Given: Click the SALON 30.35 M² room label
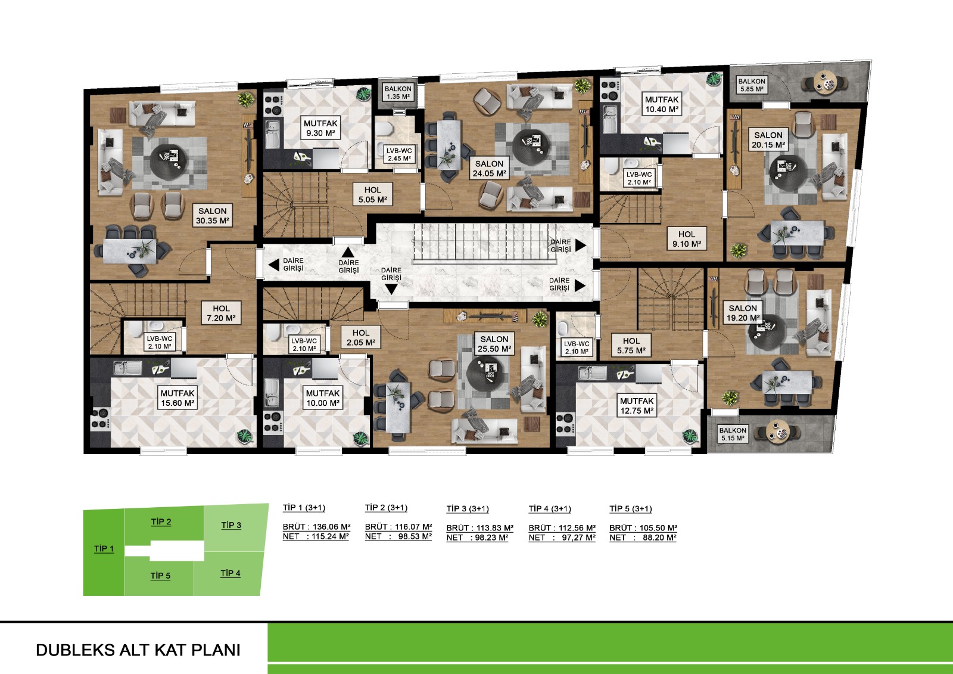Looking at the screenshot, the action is (212, 216).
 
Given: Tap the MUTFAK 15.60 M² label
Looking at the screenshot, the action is (177, 398).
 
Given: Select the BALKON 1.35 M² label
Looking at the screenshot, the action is (398, 93).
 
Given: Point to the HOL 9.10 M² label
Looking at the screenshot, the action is (687, 239).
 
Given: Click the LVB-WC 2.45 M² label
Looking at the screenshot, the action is (399, 154).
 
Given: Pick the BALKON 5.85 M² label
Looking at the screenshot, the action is (752, 85).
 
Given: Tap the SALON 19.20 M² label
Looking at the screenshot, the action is (743, 313).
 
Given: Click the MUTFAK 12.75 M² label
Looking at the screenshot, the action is (637, 406).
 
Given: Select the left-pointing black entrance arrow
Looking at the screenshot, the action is (273, 265).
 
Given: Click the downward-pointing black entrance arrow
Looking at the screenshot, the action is (391, 289).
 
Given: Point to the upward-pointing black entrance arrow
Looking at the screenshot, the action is (348, 252).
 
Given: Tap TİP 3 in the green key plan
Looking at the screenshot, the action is (231, 526).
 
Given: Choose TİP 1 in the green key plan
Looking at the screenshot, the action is (104, 549).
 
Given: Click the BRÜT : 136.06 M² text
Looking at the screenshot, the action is (316, 527).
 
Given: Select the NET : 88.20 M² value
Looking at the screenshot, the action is (643, 538).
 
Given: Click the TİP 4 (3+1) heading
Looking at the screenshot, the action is (550, 509).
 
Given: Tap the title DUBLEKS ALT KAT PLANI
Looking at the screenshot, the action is (138, 650).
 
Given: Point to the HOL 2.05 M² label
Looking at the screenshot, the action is (361, 338).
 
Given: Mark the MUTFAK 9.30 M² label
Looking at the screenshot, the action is (320, 128).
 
